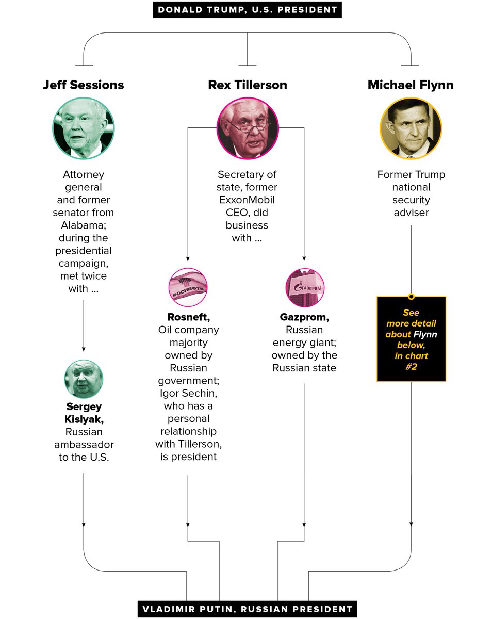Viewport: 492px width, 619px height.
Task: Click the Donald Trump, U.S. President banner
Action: point(247,10)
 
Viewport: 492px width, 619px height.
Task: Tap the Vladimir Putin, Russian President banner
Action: point(247,609)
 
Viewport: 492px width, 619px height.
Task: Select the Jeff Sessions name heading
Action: point(84,85)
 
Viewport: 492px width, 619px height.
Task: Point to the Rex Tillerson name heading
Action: point(248,85)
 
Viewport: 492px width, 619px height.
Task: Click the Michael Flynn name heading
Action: point(411,85)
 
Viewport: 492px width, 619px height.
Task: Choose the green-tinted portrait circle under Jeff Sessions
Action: point(84,128)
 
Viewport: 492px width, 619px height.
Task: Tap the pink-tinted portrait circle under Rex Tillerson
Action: point(248,128)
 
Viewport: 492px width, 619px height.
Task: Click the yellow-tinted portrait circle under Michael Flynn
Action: point(411,128)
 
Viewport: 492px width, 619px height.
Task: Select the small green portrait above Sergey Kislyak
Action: point(84,379)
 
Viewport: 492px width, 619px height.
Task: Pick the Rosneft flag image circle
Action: point(188,287)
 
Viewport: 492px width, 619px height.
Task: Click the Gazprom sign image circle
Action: point(305,287)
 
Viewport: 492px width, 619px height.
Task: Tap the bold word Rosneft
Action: point(189,317)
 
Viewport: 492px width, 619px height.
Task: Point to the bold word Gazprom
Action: point(304,317)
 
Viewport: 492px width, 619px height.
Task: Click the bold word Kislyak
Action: point(84,419)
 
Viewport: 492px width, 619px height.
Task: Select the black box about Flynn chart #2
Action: point(411,339)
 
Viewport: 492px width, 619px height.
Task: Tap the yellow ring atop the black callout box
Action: point(411,297)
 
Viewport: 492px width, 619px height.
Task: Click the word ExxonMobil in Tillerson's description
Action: point(247,200)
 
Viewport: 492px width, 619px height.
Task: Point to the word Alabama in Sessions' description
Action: point(84,225)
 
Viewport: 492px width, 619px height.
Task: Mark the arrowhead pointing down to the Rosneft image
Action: point(188,258)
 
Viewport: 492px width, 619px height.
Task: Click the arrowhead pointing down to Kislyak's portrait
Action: point(84,349)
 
